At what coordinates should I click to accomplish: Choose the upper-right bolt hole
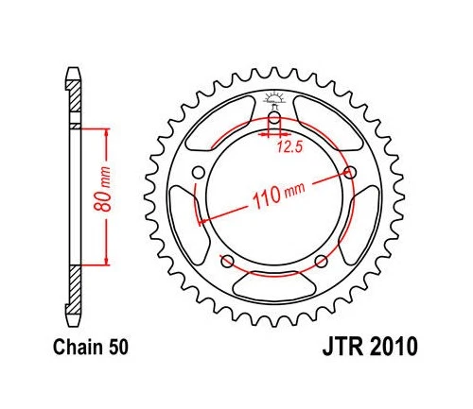[x=352, y=171]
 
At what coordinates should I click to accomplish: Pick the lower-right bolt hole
[x=322, y=261]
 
